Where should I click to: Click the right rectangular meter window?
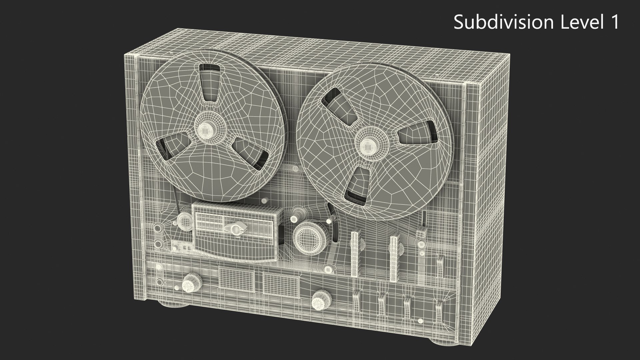[281, 284]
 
